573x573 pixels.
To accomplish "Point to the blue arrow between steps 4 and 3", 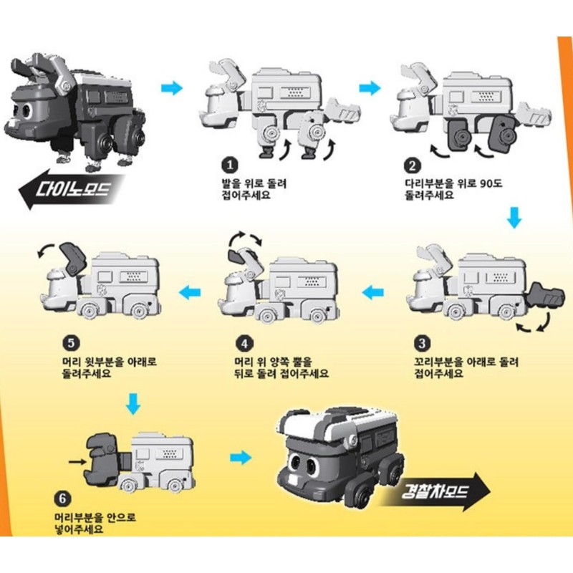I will coord(372,292).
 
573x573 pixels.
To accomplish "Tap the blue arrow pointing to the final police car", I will coord(241,456).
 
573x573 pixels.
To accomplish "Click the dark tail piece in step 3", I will coord(544,296).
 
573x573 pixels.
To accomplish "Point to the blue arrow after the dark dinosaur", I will coord(172,88).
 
